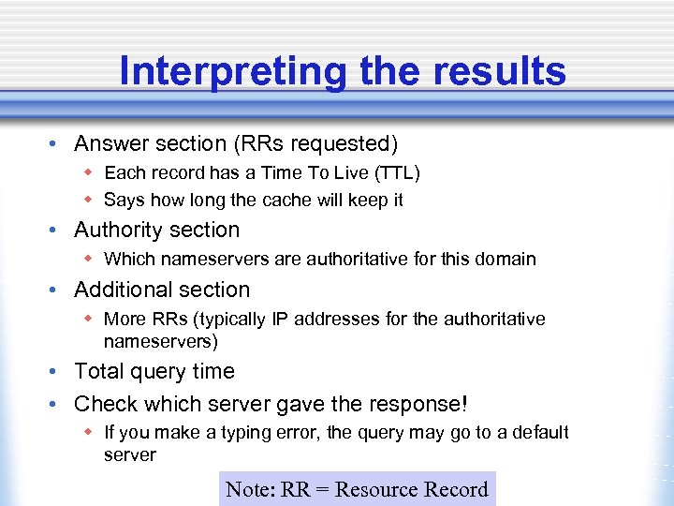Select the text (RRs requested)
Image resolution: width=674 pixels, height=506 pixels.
[319, 143]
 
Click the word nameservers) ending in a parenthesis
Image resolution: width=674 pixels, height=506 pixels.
[160, 343]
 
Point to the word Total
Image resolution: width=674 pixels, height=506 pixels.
[98, 371]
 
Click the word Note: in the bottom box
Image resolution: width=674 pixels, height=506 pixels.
[249, 489]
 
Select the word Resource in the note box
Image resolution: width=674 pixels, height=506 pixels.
[374, 489]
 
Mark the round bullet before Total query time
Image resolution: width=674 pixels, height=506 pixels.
[55, 372]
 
